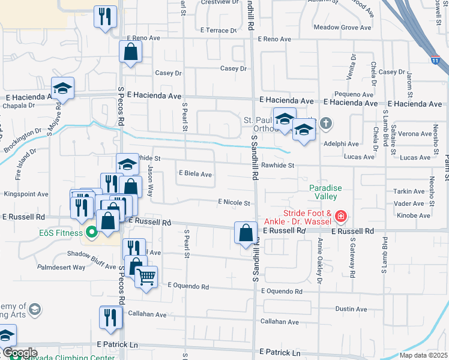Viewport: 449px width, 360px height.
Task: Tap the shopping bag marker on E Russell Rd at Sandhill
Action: (x=246, y=232)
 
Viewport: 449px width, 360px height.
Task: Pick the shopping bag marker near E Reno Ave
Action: (x=130, y=52)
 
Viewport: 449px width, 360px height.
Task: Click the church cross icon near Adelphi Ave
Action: (x=326, y=124)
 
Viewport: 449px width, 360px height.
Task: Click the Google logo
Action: (x=19, y=353)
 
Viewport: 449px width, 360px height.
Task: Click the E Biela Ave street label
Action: (x=196, y=175)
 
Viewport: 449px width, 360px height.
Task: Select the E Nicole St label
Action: (x=234, y=203)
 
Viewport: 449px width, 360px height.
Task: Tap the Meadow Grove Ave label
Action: (x=343, y=28)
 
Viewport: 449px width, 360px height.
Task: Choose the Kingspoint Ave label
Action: (x=26, y=194)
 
